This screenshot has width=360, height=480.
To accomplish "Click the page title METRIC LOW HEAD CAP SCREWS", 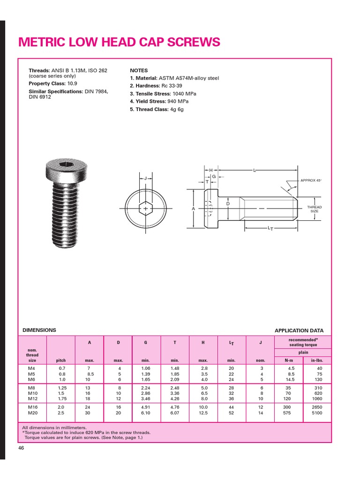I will [119, 42].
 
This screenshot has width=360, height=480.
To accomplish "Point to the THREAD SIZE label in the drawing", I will [314, 209].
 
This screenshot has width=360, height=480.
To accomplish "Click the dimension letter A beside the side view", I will [193, 208].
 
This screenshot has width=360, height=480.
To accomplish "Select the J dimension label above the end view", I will [145, 178].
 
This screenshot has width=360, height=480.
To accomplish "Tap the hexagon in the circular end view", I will [146, 208].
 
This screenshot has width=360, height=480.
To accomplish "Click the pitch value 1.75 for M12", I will [61, 398].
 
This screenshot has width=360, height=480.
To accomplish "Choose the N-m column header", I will [289, 360].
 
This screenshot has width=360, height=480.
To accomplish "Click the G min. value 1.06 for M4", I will [146, 369].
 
